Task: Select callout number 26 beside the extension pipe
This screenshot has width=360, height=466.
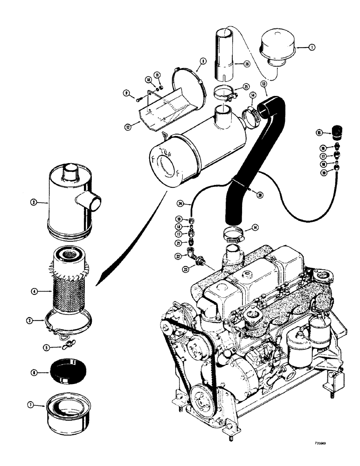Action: [247, 64]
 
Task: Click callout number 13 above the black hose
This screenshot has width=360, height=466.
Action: [264, 84]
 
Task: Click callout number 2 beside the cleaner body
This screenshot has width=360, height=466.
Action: [34, 203]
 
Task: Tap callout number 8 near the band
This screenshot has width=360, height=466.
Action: [204, 60]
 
